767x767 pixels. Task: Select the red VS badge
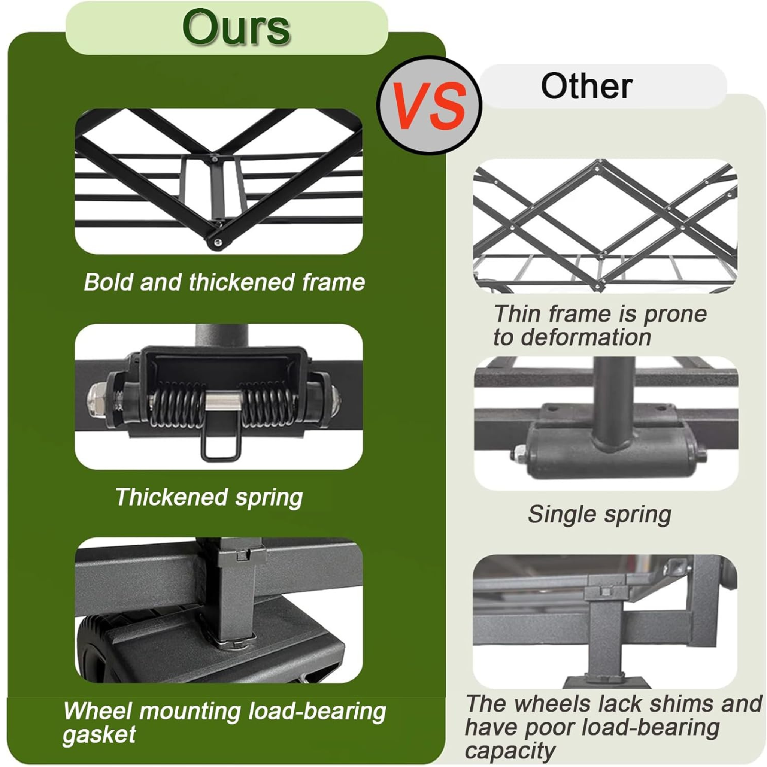pyautogui.click(x=429, y=106)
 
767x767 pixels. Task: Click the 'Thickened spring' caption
pyautogui.click(x=209, y=497)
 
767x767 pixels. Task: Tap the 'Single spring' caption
pyautogui.click(x=600, y=515)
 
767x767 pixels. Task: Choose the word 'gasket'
pyautogui.click(x=99, y=734)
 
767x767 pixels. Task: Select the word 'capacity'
pyautogui.click(x=510, y=751)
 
